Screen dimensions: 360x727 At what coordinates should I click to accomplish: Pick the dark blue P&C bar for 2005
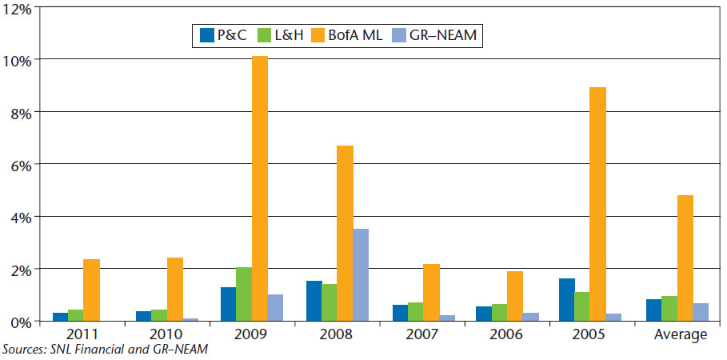point(568,299)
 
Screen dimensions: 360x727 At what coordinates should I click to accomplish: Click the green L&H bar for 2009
point(243,294)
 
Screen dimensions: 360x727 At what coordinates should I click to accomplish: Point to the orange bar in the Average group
point(685,258)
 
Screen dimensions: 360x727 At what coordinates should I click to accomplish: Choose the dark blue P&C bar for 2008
point(313,301)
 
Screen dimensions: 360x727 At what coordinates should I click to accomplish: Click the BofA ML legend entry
point(350,35)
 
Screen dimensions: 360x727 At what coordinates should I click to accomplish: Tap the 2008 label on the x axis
point(337,334)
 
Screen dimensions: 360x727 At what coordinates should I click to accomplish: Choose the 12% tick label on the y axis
point(19,9)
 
